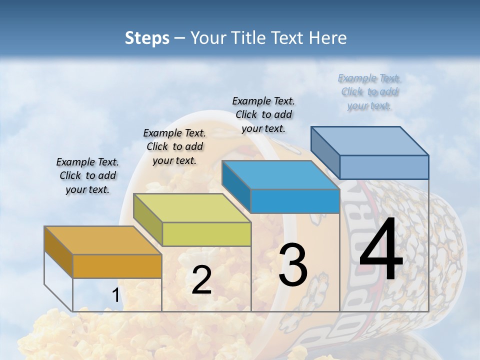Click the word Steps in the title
pos(146,38)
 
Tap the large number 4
pos(381,250)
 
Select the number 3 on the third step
pos(293,265)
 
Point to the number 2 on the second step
pos(201,280)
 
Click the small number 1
pos(115,295)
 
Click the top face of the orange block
pos(102,240)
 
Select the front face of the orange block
pos(117,266)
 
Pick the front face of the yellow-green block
pos(206,234)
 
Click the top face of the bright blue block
pos(280,175)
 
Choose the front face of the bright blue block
pos(295,201)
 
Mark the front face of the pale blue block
pos(384,167)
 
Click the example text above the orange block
pos(87,175)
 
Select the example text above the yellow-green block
pos(174,146)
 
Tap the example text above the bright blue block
pos(263,114)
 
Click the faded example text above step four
pos(369,91)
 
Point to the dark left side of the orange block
pos(58,252)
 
